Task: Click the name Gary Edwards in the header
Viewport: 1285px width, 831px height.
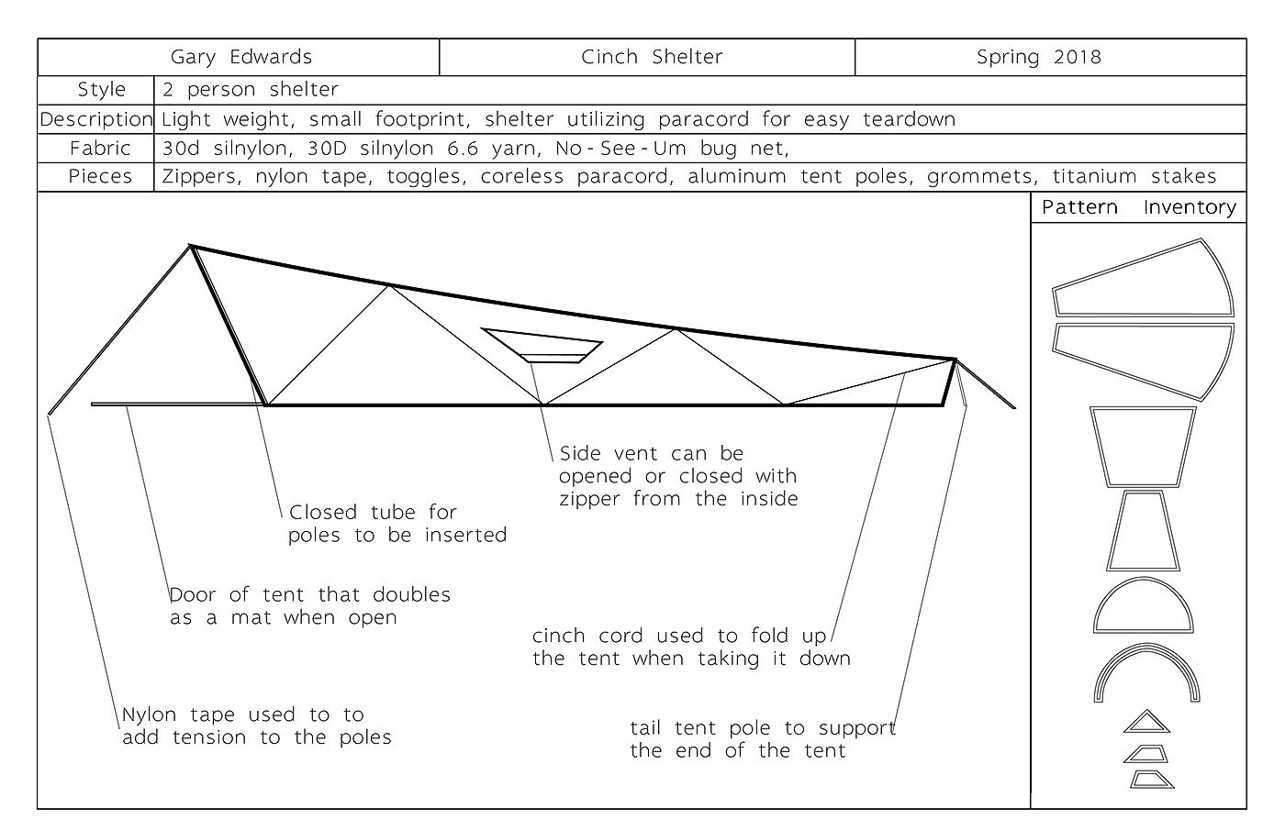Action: (x=241, y=57)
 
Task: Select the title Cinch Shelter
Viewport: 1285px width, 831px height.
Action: (x=652, y=57)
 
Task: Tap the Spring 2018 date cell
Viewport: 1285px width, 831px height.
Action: (x=1039, y=57)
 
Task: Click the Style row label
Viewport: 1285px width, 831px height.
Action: (x=101, y=90)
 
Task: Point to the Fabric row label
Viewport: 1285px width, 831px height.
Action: (x=101, y=148)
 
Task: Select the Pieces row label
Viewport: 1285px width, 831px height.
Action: (x=101, y=176)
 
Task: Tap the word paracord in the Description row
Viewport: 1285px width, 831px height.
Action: (x=712, y=119)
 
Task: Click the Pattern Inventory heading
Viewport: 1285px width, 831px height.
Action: (x=1139, y=207)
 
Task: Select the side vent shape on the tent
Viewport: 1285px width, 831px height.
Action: (x=543, y=345)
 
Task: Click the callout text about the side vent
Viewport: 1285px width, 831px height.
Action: (x=677, y=476)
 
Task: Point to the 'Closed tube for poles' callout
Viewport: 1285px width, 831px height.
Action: (x=397, y=524)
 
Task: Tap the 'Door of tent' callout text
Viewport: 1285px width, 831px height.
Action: (x=309, y=605)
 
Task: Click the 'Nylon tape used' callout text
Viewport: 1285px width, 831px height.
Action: (x=256, y=726)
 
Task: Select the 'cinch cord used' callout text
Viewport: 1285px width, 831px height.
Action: (x=690, y=647)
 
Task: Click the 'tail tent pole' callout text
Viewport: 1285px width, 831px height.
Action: (x=762, y=739)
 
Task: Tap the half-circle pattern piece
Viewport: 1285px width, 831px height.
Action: (x=1145, y=609)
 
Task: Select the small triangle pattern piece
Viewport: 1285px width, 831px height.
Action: (x=1147, y=723)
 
